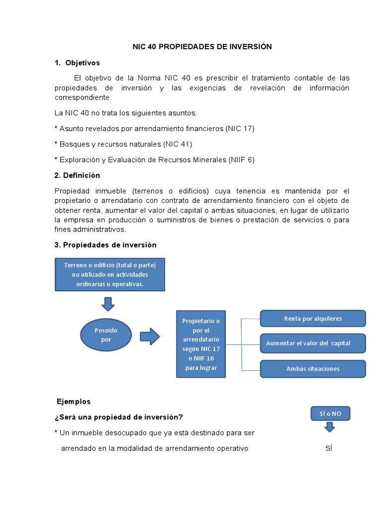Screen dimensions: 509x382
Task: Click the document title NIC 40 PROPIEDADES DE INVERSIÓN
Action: point(202,47)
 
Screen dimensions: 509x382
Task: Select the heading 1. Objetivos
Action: point(77,63)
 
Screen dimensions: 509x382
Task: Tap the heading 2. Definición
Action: point(77,175)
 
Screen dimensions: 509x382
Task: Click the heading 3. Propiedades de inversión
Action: point(105,245)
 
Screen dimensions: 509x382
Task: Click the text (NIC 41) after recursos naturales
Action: point(178,144)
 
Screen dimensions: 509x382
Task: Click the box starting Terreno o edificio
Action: point(109,274)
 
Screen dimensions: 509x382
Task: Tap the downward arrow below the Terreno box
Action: point(107,303)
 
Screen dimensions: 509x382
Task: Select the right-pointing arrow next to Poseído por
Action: point(150,337)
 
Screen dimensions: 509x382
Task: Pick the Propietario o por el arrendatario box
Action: point(201,344)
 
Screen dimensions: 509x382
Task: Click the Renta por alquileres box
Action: point(313,319)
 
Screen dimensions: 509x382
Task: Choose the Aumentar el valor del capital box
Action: point(313,343)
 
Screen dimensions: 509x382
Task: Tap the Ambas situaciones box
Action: point(313,369)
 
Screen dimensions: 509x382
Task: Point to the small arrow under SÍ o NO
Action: point(329,427)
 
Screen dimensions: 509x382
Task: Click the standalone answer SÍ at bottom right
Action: point(328,448)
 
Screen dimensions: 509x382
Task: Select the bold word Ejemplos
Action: point(74,401)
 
